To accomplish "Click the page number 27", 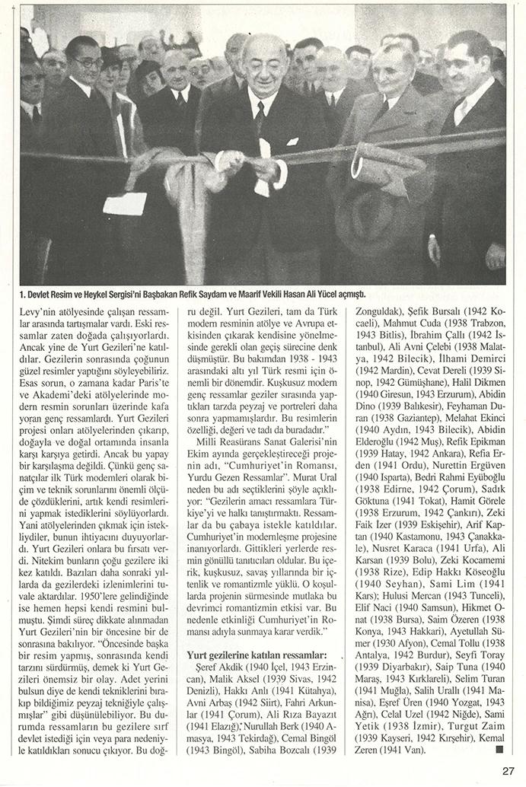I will (x=509, y=770).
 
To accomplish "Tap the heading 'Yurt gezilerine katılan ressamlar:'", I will (x=257, y=655).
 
